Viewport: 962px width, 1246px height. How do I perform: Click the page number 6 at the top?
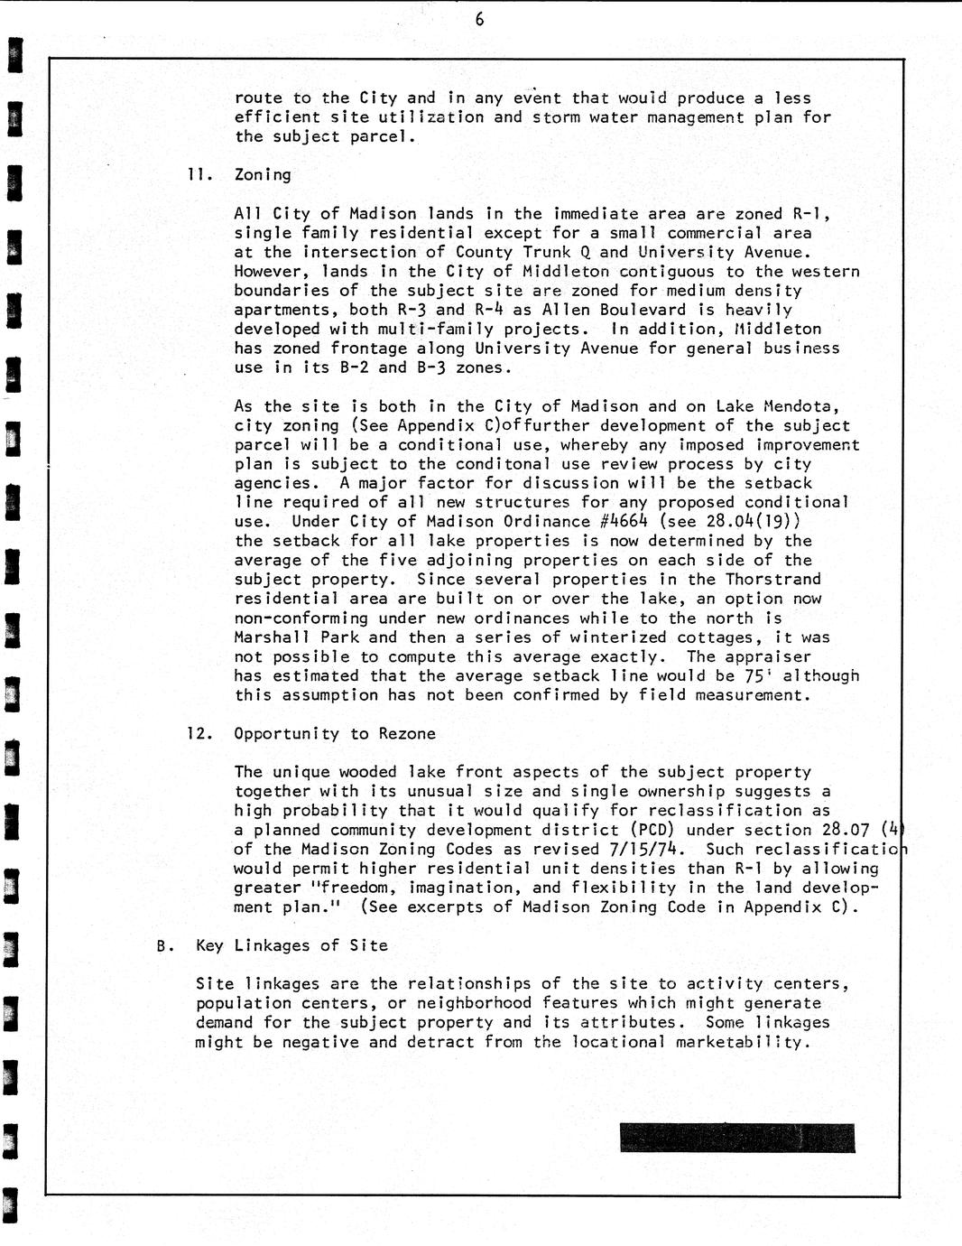pos(479,19)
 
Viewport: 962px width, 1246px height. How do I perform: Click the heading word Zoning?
pos(263,175)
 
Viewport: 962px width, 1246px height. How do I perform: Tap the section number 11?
pos(199,175)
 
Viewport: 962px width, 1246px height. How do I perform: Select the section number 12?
pos(199,733)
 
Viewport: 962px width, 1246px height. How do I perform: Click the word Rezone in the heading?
pos(407,733)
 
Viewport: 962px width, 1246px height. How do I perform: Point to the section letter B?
pos(163,946)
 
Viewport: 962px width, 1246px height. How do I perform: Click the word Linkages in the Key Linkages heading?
pos(273,945)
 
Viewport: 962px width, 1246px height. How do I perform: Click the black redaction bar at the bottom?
pos(736,1138)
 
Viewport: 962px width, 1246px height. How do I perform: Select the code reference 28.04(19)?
pos(754,522)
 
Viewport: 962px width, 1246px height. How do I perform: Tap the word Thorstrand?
pos(773,580)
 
